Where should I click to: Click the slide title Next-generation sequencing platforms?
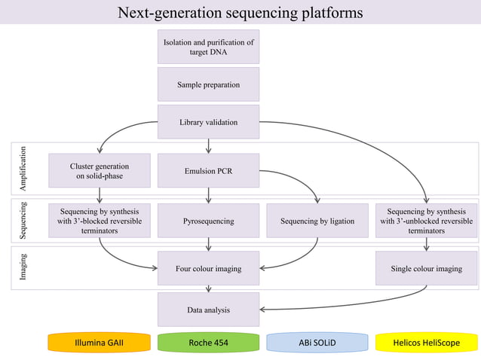(240, 13)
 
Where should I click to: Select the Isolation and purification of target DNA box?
(208, 47)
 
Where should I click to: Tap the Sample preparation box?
(208, 84)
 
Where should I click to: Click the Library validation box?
(208, 122)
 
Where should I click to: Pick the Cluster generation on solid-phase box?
(100, 171)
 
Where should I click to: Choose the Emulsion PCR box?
(208, 171)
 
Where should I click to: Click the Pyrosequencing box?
(208, 221)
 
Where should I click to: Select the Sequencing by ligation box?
(317, 221)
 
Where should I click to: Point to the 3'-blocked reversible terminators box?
(100, 221)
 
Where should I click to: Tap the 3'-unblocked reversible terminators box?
(426, 221)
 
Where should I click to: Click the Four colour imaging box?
(208, 268)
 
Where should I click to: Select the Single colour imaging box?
(426, 268)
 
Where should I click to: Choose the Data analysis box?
(208, 310)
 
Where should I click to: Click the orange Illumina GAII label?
(99, 343)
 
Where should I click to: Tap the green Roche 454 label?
(208, 343)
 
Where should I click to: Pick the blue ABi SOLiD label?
(317, 343)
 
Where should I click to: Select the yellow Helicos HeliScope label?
(426, 343)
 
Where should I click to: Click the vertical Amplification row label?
(23, 167)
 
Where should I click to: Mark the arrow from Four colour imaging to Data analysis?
(208, 289)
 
